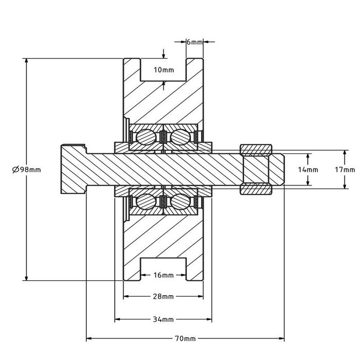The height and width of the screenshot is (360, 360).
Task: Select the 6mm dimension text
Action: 194,42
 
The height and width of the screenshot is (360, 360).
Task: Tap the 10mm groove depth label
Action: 164,69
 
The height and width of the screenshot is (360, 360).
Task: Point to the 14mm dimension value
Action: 308,169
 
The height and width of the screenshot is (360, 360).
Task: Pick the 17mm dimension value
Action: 345,169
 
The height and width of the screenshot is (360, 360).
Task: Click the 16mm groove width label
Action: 164,275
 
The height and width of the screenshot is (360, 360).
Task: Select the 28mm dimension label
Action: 164,297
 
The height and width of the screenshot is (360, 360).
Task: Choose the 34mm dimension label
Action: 164,319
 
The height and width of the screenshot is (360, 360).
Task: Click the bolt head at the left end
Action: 73,169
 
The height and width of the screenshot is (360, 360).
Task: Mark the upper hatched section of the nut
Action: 256,151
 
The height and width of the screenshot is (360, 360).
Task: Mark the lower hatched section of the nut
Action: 256,189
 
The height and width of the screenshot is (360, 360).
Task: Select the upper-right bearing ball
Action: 178,137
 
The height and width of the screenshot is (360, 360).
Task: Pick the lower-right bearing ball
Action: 178,201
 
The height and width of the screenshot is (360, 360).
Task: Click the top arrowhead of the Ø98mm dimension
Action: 26,62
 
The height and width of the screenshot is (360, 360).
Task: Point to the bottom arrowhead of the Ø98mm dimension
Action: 26,277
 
